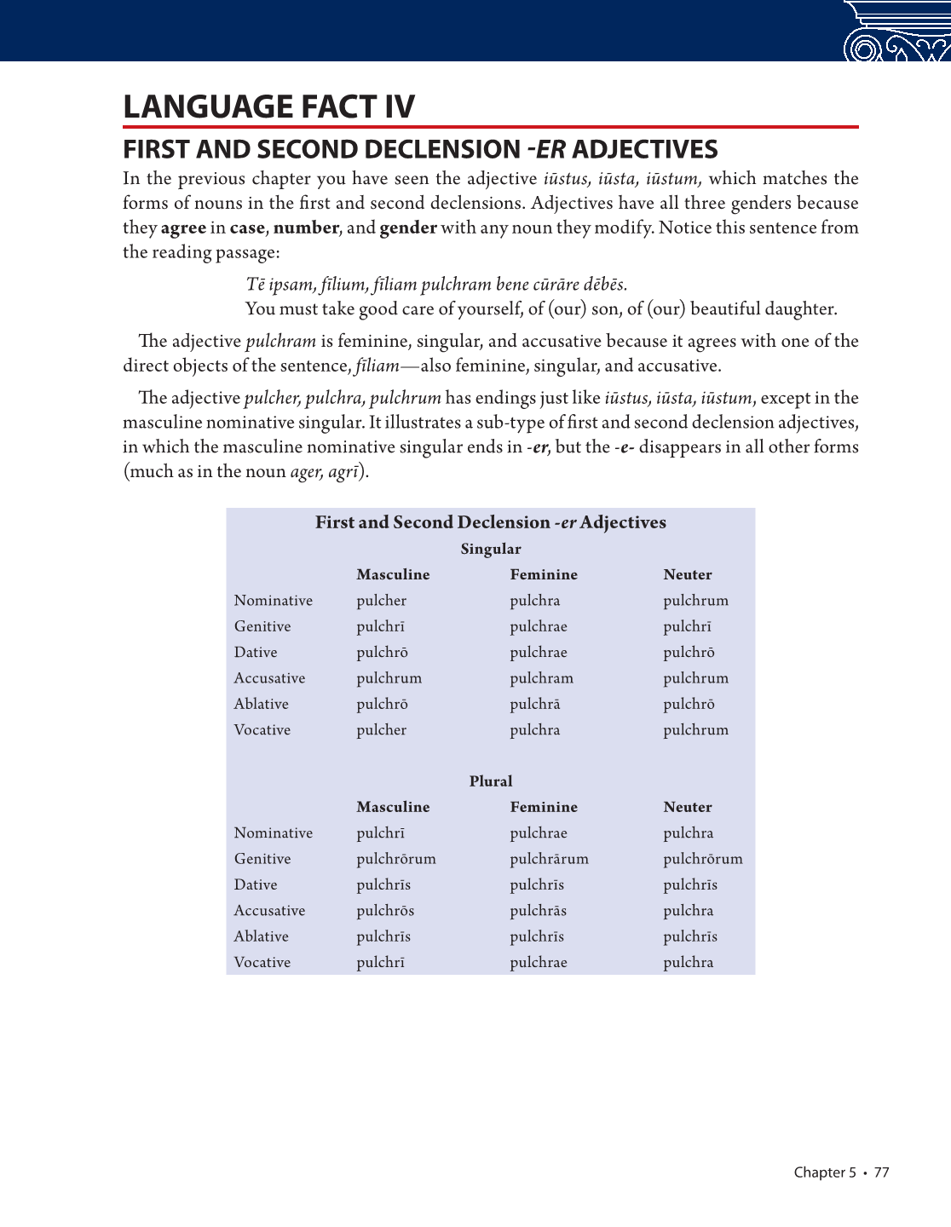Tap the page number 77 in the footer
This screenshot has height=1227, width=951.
point(881,1172)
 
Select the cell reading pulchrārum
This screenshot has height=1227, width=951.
point(549,859)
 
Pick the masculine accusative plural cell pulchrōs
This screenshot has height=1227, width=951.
point(385,911)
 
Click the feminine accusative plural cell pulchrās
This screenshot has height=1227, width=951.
point(538,911)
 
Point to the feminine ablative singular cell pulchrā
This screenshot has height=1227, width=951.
point(535,704)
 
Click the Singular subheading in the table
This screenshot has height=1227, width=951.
point(491,549)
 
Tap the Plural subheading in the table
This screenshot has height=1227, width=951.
point(491,781)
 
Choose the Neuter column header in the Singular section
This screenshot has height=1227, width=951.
point(688,575)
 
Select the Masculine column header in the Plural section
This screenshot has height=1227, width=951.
point(393,807)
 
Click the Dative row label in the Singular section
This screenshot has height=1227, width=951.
point(256,653)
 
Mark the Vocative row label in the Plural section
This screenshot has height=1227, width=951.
point(262,963)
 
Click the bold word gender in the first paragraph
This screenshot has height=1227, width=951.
point(408,228)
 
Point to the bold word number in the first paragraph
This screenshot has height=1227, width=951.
point(306,228)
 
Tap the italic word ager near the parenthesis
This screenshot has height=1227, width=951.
point(306,472)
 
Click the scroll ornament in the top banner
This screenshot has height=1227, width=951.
point(895,34)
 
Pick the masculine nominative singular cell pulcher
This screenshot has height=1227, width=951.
point(381,601)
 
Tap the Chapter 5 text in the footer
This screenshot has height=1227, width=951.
point(824,1172)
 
